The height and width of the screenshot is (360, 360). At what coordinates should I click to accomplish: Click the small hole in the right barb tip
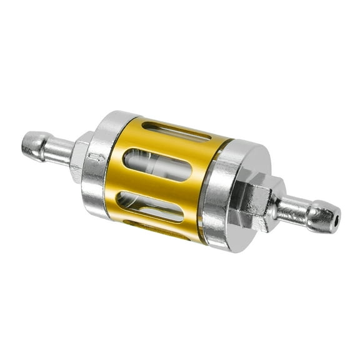(x=336, y=219)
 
